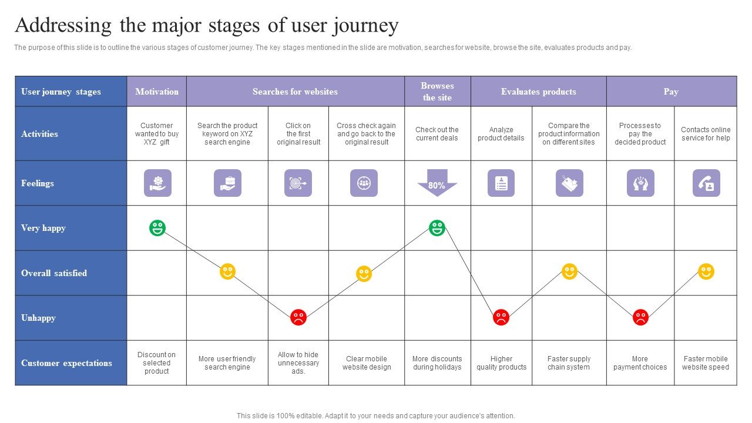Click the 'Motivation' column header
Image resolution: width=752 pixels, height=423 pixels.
157,92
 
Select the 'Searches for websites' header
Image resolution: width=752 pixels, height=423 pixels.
295,92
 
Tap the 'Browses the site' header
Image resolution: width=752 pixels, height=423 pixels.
437,92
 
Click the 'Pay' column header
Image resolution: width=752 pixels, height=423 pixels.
671,92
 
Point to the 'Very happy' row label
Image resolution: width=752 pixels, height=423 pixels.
43,228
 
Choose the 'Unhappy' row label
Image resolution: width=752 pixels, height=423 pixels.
39,318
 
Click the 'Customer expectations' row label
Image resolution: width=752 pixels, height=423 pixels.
66,363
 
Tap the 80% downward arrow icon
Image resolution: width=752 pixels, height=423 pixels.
437,183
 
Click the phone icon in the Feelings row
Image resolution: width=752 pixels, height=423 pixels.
706,183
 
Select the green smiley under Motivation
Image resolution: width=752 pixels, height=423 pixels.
157,228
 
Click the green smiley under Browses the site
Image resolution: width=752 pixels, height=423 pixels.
437,228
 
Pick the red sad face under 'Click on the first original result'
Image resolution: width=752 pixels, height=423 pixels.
298,318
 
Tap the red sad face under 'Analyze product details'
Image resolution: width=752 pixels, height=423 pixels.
501,318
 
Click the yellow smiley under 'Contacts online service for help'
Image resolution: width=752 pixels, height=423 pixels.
706,271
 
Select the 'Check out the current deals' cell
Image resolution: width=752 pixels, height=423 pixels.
437,134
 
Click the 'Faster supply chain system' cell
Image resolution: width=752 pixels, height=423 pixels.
569,363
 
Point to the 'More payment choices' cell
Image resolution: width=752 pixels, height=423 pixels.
640,363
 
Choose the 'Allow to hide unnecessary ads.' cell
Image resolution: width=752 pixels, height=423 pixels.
298,363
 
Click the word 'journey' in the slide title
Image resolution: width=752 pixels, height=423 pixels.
365,26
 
